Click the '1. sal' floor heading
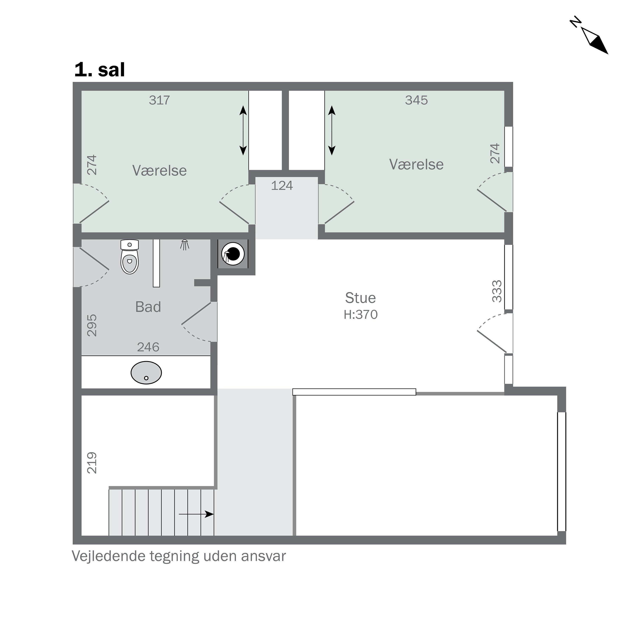click(99, 70)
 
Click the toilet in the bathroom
click(130, 258)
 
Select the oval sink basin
click(146, 373)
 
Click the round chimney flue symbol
click(233, 254)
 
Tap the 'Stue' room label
click(360, 298)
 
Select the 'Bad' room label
click(148, 307)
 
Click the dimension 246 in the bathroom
click(148, 347)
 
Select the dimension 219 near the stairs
click(92, 463)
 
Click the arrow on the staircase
click(196, 514)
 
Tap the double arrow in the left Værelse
click(243, 130)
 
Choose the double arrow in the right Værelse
click(332, 130)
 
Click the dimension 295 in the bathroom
click(92, 325)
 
